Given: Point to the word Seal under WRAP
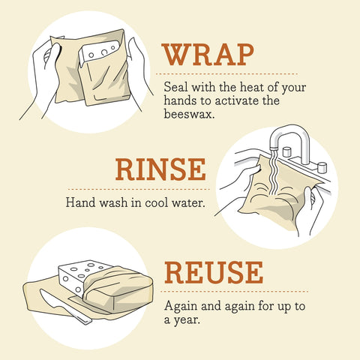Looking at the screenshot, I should point(175,87).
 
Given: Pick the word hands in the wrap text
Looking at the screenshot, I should point(178,102).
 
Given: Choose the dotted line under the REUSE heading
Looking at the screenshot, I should point(232,291).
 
